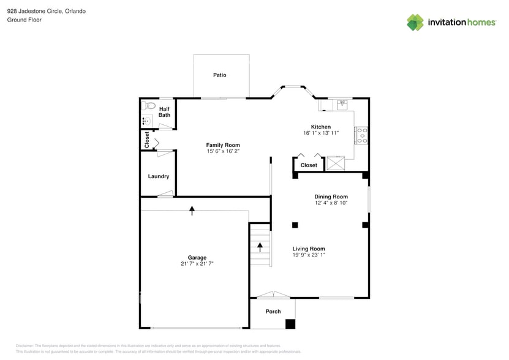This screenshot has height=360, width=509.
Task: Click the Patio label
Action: [219, 75]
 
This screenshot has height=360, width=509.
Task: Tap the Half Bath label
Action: [164, 111]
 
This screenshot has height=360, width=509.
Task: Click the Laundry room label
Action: [158, 176]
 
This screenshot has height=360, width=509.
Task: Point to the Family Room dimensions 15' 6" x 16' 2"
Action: [222, 151]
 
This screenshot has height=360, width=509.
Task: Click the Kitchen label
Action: [320, 127]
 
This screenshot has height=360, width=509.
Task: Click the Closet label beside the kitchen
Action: [309, 165]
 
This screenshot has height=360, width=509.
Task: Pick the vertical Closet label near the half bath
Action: [147, 140]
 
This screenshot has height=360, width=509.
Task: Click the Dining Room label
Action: [331, 197]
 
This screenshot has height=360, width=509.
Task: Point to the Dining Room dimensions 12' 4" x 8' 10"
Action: [331, 203]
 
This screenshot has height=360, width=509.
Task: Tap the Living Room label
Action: [308, 249]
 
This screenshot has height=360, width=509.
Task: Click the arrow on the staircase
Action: [260, 247]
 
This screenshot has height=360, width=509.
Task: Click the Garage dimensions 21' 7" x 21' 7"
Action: [197, 264]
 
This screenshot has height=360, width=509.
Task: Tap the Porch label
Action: [273, 312]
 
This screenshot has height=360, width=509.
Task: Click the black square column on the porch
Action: [290, 324]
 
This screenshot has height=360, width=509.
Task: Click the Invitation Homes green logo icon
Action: [415, 23]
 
